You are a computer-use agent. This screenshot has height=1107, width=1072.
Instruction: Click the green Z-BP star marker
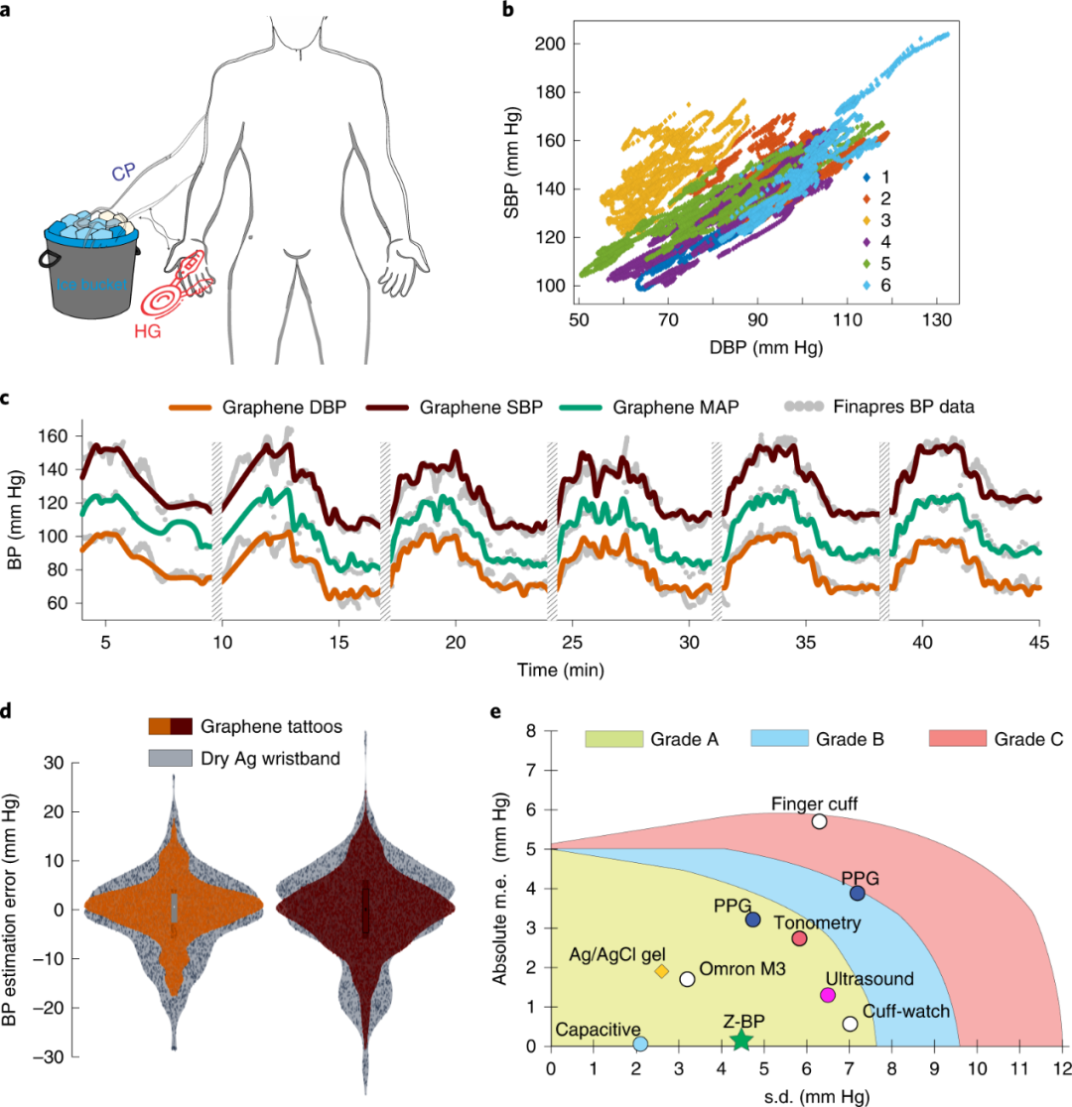[740, 1040]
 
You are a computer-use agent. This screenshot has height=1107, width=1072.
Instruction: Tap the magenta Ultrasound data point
[828, 995]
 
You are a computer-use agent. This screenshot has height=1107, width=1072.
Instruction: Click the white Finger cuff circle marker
[819, 820]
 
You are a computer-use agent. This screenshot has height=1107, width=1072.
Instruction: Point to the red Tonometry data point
[800, 938]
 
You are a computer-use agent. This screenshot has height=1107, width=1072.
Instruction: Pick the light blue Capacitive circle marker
[641, 1044]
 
